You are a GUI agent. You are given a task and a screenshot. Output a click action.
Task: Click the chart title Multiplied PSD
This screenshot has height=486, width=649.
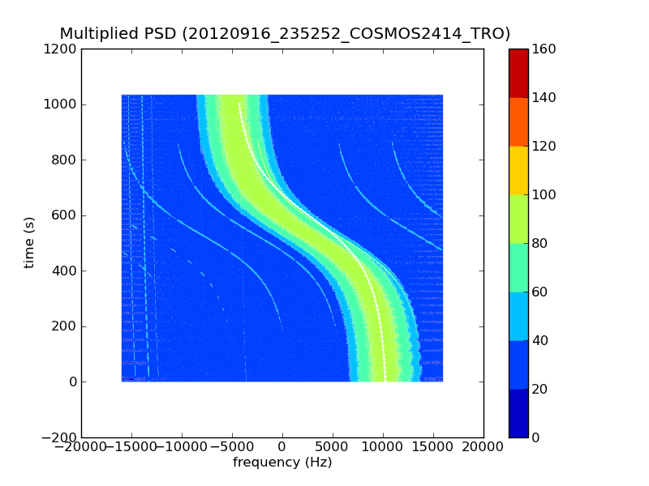(118, 34)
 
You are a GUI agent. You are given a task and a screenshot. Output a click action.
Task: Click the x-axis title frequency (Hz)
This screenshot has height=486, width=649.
(282, 463)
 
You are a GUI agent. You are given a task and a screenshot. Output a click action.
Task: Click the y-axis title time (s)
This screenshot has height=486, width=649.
(30, 242)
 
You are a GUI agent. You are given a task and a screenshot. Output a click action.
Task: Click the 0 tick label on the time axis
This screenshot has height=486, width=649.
(73, 382)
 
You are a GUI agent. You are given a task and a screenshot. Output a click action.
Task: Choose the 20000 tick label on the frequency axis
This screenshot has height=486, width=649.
(484, 448)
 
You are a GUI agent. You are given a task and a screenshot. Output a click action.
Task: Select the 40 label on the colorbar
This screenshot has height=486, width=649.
(544, 341)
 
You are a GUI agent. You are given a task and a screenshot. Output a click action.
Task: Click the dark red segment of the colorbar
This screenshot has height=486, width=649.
(518, 73)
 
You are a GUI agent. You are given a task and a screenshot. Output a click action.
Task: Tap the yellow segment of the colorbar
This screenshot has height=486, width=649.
(518, 170)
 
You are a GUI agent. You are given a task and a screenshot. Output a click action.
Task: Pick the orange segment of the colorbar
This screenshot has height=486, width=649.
(518, 122)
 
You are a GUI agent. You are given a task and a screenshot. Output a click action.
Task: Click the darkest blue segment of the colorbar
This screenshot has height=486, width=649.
(518, 413)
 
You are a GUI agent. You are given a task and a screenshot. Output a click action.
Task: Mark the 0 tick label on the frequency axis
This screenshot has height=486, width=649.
(282, 448)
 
